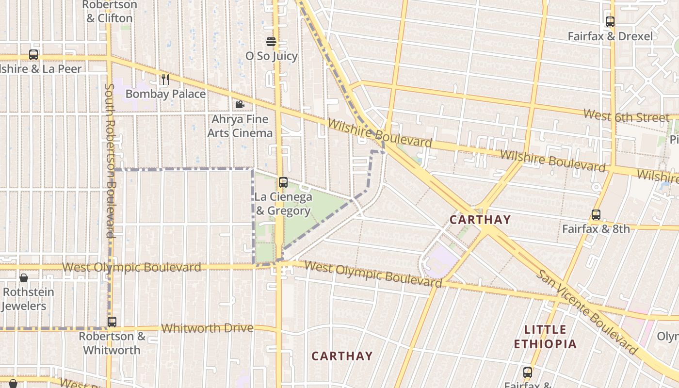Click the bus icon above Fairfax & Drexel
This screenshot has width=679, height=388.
610,22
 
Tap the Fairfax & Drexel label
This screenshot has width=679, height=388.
610,36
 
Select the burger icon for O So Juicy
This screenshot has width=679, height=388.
271,42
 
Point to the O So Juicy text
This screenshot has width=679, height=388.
271,56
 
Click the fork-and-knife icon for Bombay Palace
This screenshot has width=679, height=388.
165,79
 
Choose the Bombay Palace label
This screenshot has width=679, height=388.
165,94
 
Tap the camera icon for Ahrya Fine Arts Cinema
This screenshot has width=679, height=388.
240,104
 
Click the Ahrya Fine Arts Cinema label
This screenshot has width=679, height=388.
240,126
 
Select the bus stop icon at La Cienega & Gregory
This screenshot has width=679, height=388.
283,182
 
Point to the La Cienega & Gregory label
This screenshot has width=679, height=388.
283,204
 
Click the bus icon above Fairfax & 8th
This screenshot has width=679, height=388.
596,214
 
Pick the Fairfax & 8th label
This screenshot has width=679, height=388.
596,228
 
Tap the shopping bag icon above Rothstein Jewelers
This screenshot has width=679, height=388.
23,278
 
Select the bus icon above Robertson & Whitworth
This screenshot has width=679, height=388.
112,322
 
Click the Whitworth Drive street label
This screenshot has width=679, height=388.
207,328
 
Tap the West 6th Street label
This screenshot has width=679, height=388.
626,116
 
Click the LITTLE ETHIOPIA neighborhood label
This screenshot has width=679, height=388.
546,337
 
